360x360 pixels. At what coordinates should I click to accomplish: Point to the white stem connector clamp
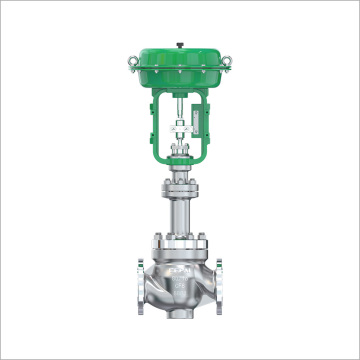coord(179,127)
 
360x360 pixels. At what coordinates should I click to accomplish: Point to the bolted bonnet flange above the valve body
coord(180,243)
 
